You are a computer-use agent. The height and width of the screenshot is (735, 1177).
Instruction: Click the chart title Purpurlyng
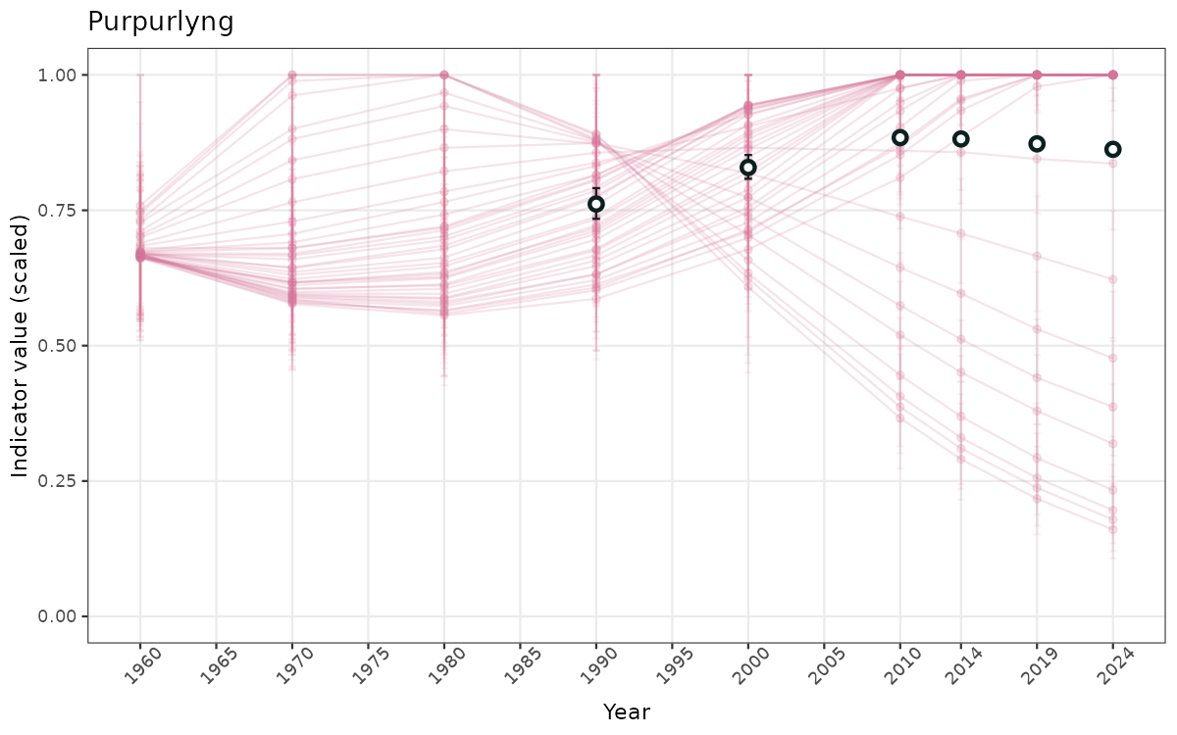[161, 22]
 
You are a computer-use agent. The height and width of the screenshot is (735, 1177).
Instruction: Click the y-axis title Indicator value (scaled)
[21, 345]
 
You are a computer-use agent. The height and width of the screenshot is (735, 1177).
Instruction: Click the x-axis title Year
[626, 711]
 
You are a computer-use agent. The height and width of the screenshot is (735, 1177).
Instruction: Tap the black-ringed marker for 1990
[596, 204]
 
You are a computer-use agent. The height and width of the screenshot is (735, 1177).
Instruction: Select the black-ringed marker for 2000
[748, 168]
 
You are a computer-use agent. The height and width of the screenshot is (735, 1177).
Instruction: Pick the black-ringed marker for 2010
[900, 137]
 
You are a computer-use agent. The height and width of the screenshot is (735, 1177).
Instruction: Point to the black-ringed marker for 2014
[961, 139]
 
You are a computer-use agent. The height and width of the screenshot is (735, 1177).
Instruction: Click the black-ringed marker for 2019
[1037, 144]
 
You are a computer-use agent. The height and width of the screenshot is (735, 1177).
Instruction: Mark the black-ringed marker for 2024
[1113, 149]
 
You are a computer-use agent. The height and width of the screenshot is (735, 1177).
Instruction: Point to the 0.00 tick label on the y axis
[57, 616]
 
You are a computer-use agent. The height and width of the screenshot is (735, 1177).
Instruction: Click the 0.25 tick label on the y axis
[57, 481]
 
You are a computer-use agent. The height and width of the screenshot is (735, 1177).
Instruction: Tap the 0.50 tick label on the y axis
[57, 346]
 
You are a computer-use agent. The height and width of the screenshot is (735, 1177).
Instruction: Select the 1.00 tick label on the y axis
[57, 75]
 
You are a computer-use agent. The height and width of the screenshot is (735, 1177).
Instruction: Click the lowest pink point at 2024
[1113, 529]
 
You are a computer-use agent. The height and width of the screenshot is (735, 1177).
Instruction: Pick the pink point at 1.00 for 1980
[444, 75]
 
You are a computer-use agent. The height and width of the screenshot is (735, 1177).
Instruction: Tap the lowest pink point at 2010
[900, 417]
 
